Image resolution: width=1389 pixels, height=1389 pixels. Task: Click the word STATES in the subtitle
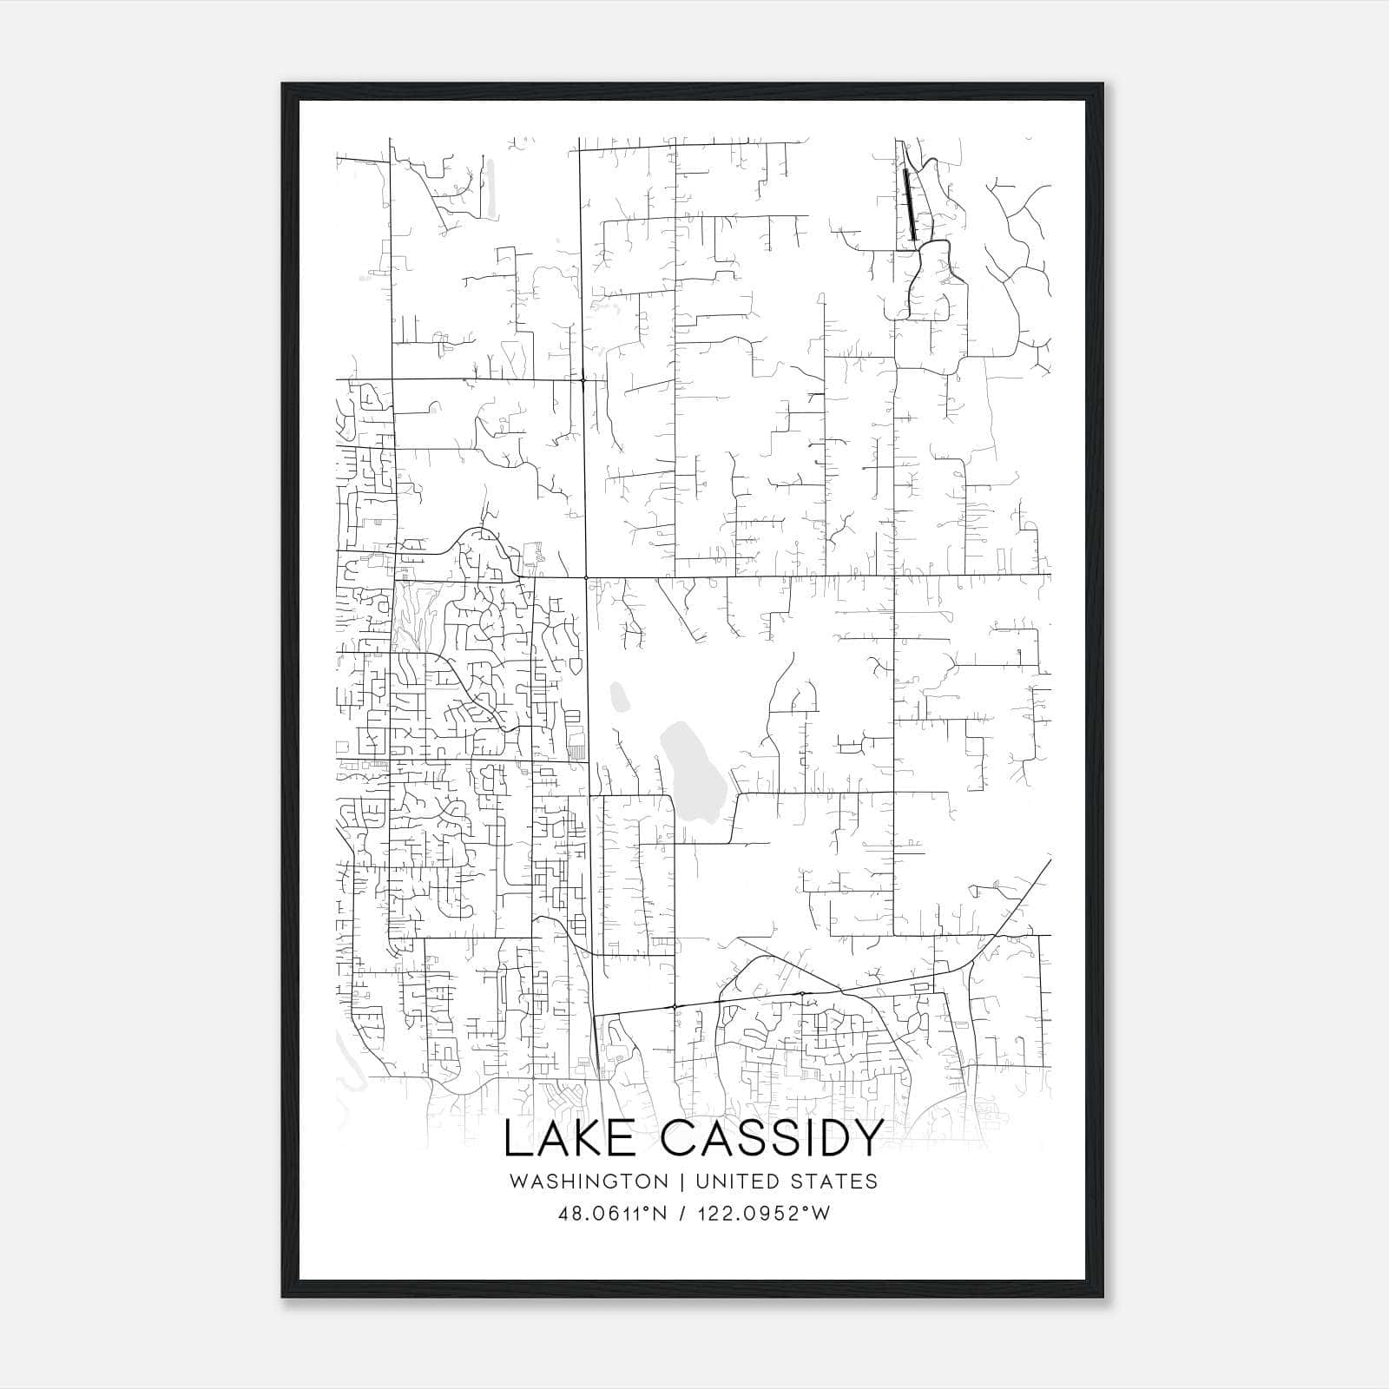click(x=834, y=1182)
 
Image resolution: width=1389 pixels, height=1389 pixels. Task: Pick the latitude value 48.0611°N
click(x=612, y=1214)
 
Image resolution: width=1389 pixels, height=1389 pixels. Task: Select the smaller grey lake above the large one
click(x=620, y=696)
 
